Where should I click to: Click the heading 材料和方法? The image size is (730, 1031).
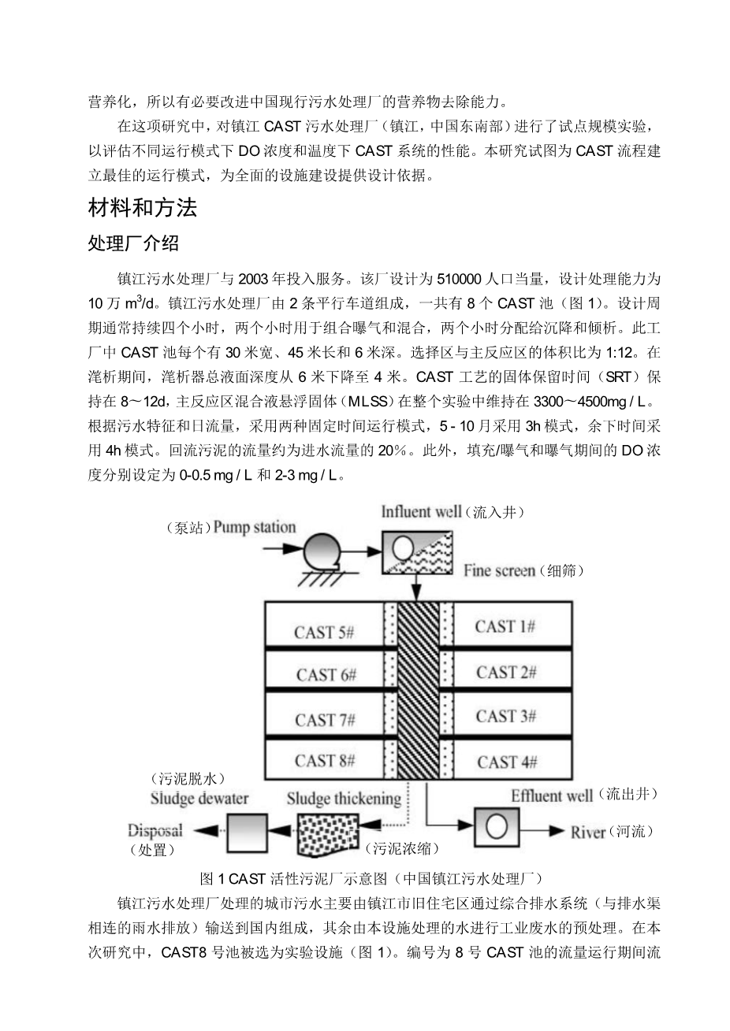[143, 208]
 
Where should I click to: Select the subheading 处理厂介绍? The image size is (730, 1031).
[133, 243]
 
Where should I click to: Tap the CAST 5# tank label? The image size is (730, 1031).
[324, 632]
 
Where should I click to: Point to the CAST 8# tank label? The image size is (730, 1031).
[325, 760]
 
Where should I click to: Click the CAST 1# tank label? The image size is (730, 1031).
[505, 626]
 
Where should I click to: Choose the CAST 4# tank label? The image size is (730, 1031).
[507, 762]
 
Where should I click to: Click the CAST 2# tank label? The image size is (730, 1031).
[506, 673]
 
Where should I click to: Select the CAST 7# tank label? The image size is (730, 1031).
[325, 720]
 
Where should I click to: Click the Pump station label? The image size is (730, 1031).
[254, 528]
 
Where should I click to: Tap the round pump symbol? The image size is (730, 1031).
[322, 551]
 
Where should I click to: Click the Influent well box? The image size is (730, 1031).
[417, 553]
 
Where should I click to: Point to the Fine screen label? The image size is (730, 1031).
[499, 571]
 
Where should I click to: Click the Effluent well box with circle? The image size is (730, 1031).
[497, 828]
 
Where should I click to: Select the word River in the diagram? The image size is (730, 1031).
[588, 833]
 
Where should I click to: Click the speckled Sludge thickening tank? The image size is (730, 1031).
[328, 833]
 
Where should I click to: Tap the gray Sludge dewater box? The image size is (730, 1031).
[248, 833]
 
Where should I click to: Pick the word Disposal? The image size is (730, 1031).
[155, 830]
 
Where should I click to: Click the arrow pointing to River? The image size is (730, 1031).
[542, 831]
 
